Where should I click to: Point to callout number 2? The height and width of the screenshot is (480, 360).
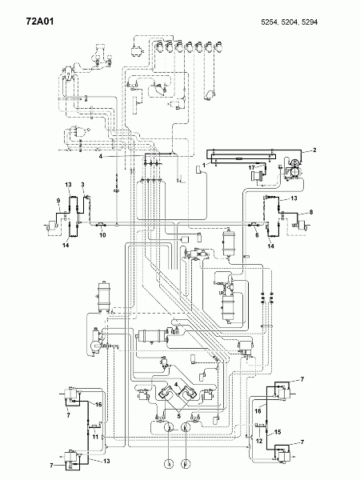point(314,150)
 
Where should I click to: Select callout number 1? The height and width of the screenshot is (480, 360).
point(204,164)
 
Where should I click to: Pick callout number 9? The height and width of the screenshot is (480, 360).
point(58,200)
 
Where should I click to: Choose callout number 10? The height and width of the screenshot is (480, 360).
point(102,237)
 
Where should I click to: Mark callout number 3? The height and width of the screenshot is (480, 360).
point(82,185)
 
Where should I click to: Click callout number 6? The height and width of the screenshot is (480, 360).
point(256,237)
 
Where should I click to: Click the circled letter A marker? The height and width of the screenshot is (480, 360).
point(166,463)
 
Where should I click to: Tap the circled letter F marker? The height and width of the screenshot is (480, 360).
point(187,463)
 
